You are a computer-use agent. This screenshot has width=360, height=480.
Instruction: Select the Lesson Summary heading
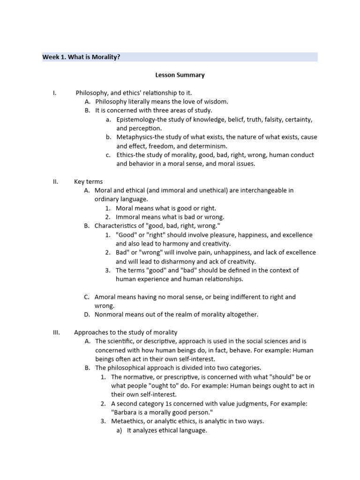click(180, 75)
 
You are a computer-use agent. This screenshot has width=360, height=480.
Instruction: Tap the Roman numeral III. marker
click(56, 332)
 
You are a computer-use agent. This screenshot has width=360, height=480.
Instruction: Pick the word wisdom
click(217, 102)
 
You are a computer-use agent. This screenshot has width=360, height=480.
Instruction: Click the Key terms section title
click(88, 181)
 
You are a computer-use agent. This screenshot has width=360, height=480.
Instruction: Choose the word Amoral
click(105, 297)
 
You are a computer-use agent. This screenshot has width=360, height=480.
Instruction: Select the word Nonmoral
click(109, 315)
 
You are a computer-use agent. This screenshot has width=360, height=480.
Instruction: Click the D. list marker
click(87, 315)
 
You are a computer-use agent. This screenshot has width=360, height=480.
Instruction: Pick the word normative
click(140, 377)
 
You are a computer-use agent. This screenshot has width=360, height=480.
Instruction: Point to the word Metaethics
click(130, 421)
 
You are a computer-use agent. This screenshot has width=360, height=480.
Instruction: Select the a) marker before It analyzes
click(119, 430)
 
